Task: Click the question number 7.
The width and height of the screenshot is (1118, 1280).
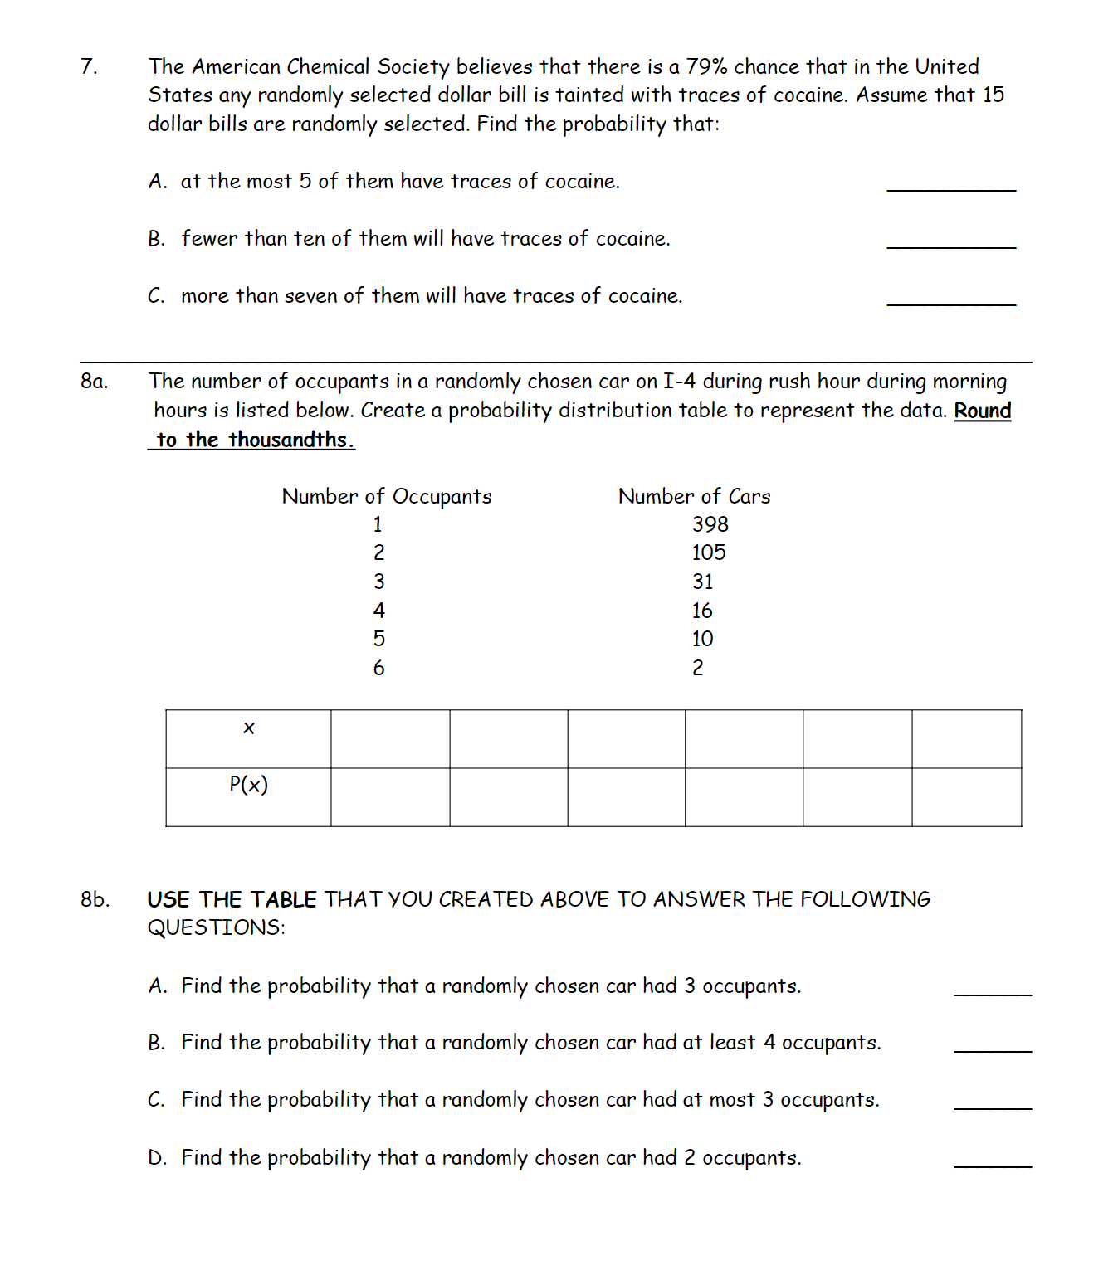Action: [x=88, y=67]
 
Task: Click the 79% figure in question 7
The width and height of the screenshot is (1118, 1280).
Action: [x=705, y=67]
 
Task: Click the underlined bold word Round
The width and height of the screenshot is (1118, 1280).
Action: [x=982, y=411]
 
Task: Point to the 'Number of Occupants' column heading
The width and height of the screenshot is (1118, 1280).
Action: [x=387, y=497]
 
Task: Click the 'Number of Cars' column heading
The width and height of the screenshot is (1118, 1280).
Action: [x=694, y=497]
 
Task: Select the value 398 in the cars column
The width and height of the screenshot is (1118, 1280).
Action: [x=710, y=525]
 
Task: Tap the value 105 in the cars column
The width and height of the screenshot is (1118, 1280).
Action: [x=708, y=553]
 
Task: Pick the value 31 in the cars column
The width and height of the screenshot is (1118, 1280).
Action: [x=702, y=582]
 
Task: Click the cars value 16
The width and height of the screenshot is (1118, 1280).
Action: [x=701, y=611]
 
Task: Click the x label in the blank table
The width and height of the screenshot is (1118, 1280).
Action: [x=248, y=729]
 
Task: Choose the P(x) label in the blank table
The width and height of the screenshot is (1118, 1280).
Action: [x=248, y=785]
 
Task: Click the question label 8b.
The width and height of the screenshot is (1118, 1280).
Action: [x=95, y=900]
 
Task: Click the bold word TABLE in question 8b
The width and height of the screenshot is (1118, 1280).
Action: [x=283, y=900]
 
